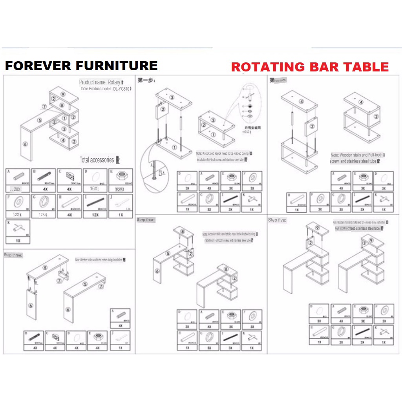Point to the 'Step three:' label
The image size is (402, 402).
(x=13, y=255)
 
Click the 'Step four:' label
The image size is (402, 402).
(x=146, y=220)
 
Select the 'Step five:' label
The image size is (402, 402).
(x=277, y=220)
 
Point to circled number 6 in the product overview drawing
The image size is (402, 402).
(x=25, y=144)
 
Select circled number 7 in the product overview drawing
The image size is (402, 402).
(x=44, y=106)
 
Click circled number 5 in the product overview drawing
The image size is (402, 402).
(x=39, y=120)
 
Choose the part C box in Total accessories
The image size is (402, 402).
(x=69, y=180)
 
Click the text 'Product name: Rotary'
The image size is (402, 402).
(x=100, y=82)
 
